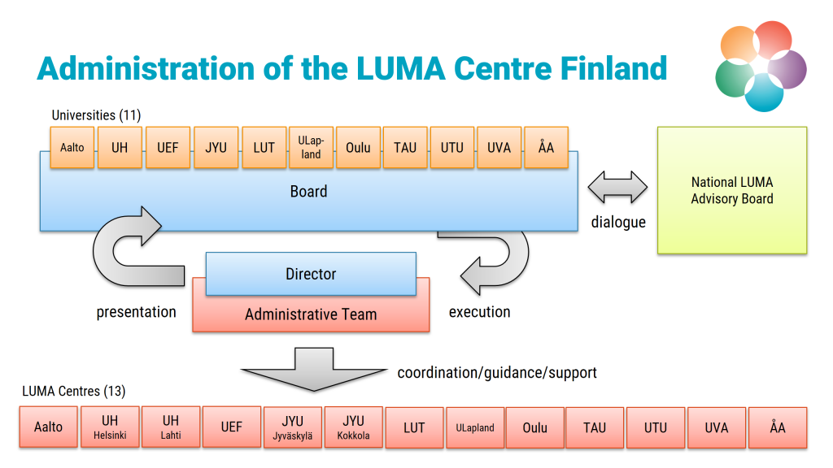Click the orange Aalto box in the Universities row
click(x=72, y=148)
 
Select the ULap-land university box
click(x=311, y=148)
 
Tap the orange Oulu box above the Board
click(x=358, y=148)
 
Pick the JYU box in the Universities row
click(x=216, y=148)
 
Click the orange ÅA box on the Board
click(x=546, y=148)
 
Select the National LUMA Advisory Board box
click(x=732, y=191)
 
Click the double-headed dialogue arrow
click(x=618, y=188)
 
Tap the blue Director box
click(x=311, y=274)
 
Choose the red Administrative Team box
click(x=311, y=314)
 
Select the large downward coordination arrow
click(x=312, y=366)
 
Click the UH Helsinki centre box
click(x=110, y=427)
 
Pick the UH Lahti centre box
click(x=171, y=427)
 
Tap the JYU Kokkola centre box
click(x=353, y=427)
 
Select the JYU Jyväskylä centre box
click(x=293, y=427)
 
